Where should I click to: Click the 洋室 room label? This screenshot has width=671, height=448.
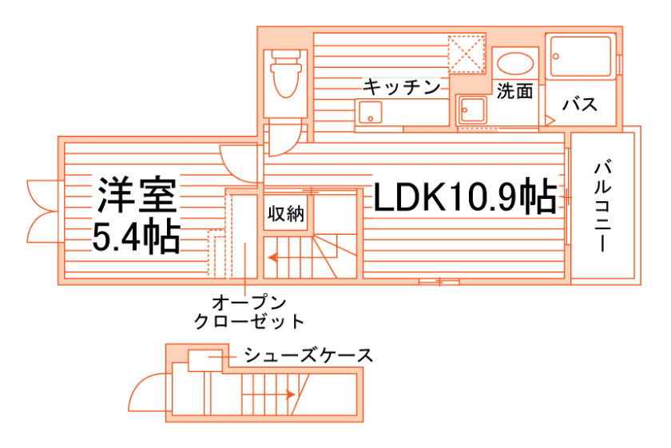point(137,193)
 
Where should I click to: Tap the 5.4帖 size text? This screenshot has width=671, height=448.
point(136,236)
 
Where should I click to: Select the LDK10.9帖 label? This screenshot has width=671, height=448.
point(464,197)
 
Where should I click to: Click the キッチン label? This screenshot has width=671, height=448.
point(402,87)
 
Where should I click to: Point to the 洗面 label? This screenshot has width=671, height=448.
point(514,92)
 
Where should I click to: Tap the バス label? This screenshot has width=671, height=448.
point(580,105)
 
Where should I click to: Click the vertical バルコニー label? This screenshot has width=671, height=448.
point(604,206)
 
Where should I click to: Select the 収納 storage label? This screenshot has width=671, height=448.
point(285,214)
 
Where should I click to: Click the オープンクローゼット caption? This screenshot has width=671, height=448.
point(249,312)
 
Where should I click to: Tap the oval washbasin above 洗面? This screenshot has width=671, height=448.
point(514,63)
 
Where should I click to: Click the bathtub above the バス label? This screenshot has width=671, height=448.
point(581,56)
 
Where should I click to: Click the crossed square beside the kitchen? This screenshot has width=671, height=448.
point(467,53)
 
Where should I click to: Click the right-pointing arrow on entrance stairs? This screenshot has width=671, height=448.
point(288,394)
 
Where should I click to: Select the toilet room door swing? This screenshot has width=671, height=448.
point(284,141)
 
